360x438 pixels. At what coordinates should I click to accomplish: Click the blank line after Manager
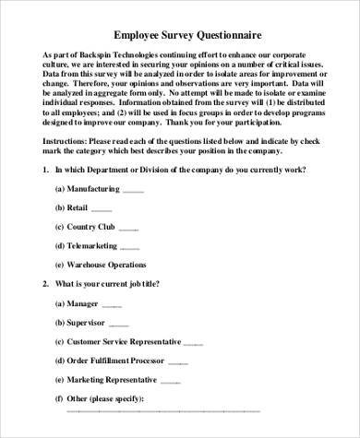[112, 303]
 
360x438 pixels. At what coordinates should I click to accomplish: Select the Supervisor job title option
[95, 322]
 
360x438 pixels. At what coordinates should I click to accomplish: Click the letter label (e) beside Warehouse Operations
[60, 265]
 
